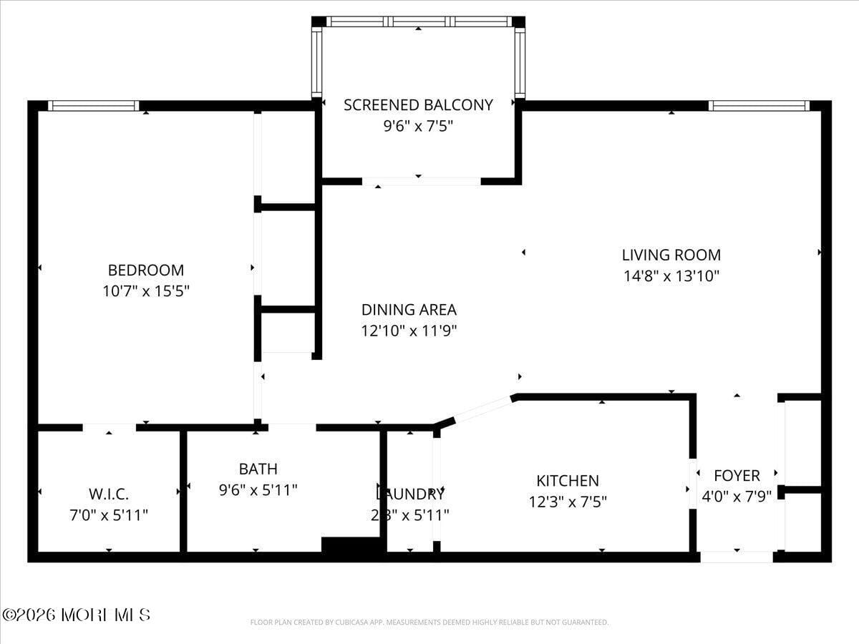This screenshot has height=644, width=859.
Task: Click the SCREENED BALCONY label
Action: tap(418, 105)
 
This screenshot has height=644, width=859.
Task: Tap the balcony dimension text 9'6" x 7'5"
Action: tap(418, 127)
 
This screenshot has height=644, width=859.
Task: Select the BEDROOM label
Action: tap(145, 270)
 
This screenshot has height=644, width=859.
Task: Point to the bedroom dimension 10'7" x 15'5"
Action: tap(145, 291)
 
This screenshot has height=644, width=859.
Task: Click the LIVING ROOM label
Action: tap(671, 255)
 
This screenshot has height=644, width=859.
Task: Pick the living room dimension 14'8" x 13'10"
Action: tap(671, 275)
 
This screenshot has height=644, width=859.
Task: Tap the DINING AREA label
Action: tap(409, 310)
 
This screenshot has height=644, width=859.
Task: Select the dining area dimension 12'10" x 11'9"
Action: tap(409, 331)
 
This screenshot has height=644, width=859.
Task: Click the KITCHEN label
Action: tap(568, 481)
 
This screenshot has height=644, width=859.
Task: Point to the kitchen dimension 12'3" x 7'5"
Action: tap(568, 502)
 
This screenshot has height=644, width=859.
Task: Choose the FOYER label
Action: tap(737, 475)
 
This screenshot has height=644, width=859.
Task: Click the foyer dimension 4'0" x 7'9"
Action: tap(737, 496)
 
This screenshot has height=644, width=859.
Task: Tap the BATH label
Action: tap(258, 469)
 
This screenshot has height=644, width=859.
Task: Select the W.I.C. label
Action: tap(109, 494)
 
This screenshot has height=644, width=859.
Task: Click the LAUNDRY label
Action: tap(410, 494)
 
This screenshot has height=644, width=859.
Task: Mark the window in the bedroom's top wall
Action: tap(93, 106)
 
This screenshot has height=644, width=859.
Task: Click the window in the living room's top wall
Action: tap(758, 106)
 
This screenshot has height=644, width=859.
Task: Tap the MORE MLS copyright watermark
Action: tap(76, 615)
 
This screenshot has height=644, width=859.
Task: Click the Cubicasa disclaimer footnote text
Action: tap(429, 623)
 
